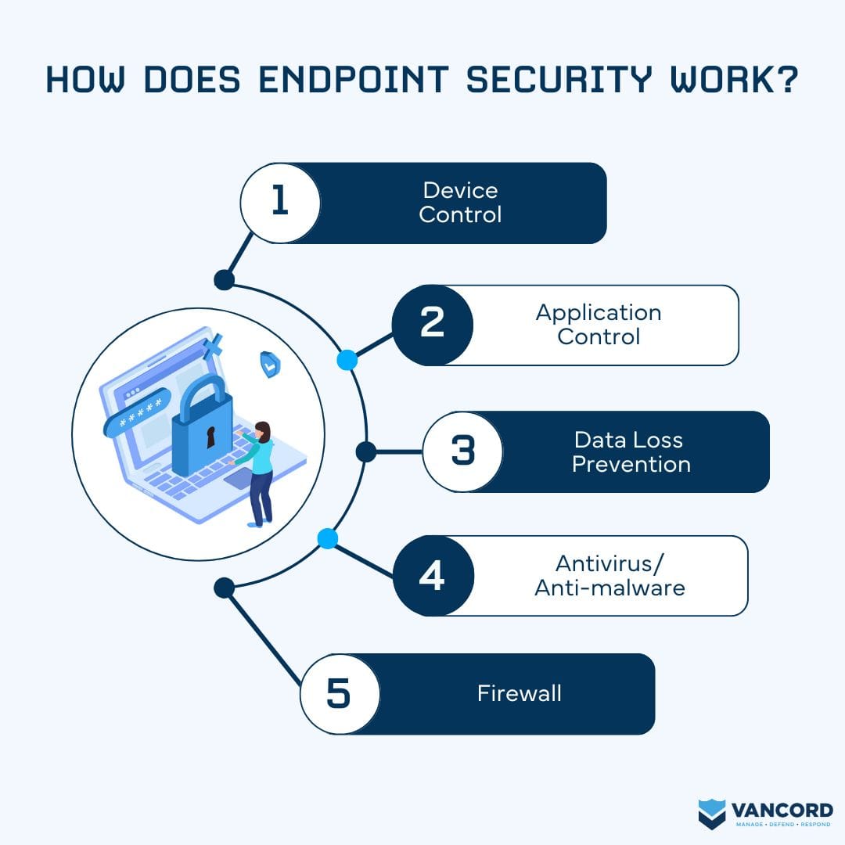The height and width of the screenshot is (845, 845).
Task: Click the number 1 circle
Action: [x=280, y=203]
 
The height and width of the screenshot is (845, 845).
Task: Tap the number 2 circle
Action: [x=433, y=325]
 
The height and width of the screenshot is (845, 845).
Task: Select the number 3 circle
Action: [x=463, y=451]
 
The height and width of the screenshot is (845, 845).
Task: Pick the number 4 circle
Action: [x=433, y=575]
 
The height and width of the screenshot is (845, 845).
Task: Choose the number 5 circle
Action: [x=339, y=694]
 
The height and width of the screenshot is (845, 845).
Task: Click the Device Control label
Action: [x=460, y=203]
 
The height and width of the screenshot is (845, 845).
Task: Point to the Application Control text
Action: [x=599, y=325]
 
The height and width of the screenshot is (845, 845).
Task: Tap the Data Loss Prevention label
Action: [x=631, y=451]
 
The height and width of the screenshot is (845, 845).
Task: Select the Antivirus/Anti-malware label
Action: [x=609, y=575]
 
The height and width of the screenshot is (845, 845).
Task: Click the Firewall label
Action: [x=520, y=693]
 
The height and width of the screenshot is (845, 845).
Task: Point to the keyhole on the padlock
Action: [x=210, y=437]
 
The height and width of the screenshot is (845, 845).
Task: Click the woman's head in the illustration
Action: [x=263, y=431]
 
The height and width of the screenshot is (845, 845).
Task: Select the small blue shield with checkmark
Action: [x=270, y=364]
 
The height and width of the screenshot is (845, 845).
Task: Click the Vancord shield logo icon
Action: [x=712, y=813]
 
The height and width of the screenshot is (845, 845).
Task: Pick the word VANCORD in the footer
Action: [x=782, y=808]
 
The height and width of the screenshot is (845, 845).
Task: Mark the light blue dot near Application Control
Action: [x=347, y=360]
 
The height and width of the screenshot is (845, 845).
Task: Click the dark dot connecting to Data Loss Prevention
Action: [x=365, y=451]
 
